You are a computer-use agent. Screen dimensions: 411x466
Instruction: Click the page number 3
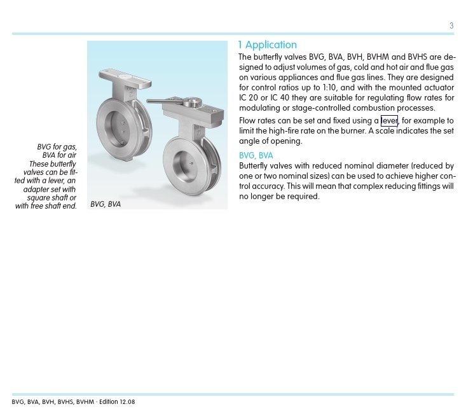click(x=451, y=26)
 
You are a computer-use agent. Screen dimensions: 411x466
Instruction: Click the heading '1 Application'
click(x=268, y=45)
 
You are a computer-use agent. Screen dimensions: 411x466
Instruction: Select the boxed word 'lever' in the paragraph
click(x=389, y=121)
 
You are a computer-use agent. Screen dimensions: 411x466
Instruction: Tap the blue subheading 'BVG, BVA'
click(x=256, y=156)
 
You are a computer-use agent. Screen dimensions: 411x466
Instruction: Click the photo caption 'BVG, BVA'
click(x=106, y=204)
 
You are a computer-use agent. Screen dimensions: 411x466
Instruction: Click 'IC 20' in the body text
click(x=249, y=98)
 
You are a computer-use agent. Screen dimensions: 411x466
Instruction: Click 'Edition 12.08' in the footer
click(x=117, y=402)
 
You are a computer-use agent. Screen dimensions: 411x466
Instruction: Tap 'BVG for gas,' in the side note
click(x=57, y=148)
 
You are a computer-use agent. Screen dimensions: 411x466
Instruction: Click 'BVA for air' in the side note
click(x=59, y=156)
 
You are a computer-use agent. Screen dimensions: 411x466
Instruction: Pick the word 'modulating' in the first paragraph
click(x=259, y=108)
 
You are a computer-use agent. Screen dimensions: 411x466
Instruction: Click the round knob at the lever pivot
click(x=190, y=101)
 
